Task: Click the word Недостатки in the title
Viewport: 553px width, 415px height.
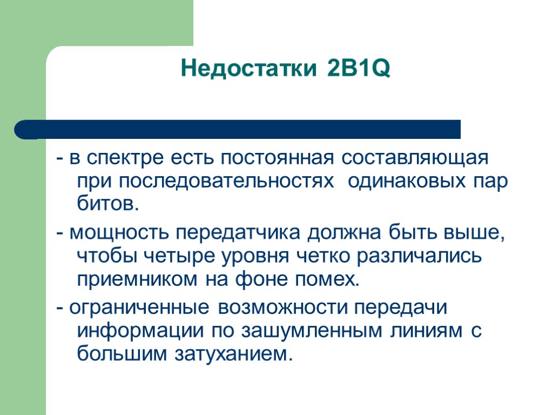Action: pos(247,69)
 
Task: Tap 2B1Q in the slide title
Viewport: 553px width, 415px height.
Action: pos(357,69)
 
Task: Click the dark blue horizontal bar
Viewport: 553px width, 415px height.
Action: pos(238,129)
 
